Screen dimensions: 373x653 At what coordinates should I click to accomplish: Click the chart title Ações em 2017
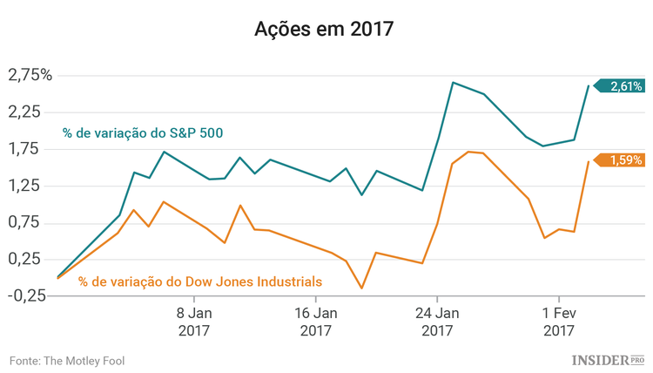[x=325, y=30]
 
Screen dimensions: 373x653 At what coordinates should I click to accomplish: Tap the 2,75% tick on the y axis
[x=30, y=75]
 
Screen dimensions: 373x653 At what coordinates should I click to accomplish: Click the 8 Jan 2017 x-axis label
[x=193, y=321]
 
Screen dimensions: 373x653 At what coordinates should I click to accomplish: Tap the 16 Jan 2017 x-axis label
[x=315, y=321]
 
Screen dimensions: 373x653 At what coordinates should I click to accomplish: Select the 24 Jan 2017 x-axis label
[x=437, y=321]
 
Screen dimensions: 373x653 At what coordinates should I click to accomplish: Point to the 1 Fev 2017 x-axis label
[x=559, y=321]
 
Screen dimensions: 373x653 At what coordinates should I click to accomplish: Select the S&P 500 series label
[x=142, y=133]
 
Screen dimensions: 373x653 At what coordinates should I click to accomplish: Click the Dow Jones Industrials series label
[x=200, y=281]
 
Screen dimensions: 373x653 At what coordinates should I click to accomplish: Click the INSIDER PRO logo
[x=607, y=359]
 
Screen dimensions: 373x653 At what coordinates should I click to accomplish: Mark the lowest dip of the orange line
[x=361, y=288]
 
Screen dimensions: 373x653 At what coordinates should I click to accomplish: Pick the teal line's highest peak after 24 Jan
[x=454, y=83]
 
